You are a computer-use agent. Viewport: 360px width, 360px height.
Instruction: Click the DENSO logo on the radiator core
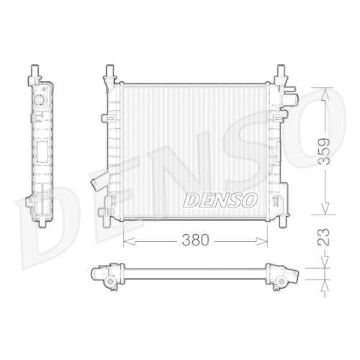pos(220,199)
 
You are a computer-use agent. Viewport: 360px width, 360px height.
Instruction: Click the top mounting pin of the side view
pos(34,71)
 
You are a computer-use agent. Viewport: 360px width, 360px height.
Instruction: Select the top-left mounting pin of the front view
pos(109,72)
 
